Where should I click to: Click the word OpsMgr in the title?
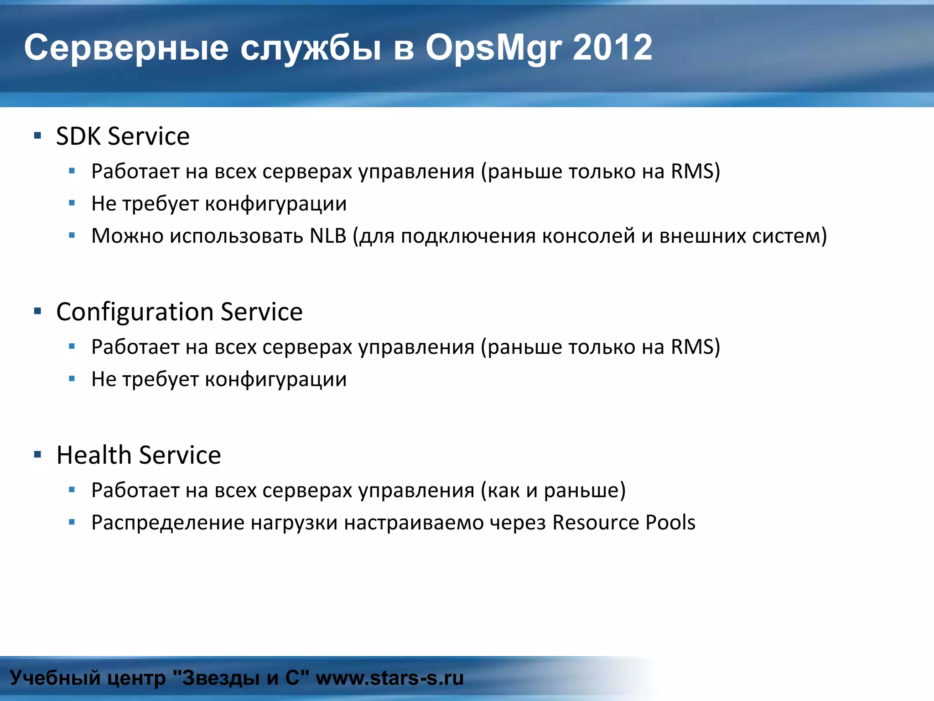(493, 48)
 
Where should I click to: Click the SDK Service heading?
(123, 136)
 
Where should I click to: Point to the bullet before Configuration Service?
(38, 311)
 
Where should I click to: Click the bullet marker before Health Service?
(38, 455)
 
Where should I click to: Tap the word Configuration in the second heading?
(135, 313)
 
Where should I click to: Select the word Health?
(94, 455)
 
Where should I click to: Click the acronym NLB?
(328, 236)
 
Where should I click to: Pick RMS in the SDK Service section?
(692, 172)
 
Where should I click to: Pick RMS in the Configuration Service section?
(692, 347)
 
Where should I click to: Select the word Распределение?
(168, 523)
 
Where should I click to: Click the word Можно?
(127, 236)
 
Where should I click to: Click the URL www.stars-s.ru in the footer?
(389, 678)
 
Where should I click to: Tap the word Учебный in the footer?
(55, 678)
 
